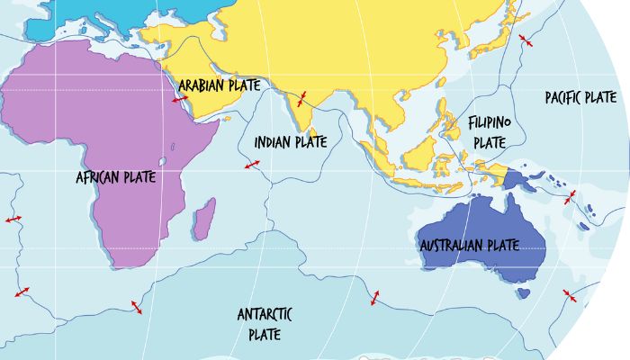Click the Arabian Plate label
pos(219,85)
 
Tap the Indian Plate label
pos(290,141)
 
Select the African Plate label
pos(116,177)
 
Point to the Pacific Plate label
pos(580,96)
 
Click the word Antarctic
pos(265,314)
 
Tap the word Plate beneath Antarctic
pos(265,334)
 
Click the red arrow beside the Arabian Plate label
pos(181,99)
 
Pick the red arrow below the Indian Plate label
pos(253,165)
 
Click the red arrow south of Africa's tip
pos(137,307)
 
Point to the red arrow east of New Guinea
pos(569,197)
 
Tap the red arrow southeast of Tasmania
pos(568,295)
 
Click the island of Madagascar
pos(204,216)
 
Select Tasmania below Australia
pos(523,293)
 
